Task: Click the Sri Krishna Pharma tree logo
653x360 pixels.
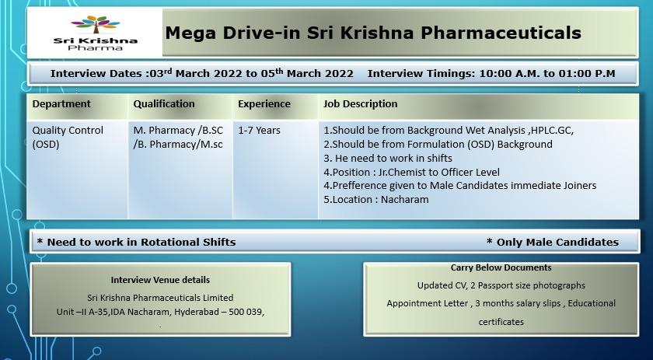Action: (x=96, y=33)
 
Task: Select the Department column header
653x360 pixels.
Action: (x=61, y=103)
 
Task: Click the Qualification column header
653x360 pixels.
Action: (x=164, y=103)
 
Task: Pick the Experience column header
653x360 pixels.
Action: (x=264, y=103)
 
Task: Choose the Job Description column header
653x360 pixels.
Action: (x=361, y=103)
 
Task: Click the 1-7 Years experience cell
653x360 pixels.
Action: (x=259, y=131)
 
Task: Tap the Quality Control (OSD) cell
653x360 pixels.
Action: (x=68, y=137)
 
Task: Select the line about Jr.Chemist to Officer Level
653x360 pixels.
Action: (x=411, y=172)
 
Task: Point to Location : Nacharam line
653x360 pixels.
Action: (x=376, y=200)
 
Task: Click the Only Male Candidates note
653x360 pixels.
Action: (x=552, y=242)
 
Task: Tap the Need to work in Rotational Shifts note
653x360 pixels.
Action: (x=136, y=242)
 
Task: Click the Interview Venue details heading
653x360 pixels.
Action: (x=160, y=280)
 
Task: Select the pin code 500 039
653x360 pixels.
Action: (x=246, y=312)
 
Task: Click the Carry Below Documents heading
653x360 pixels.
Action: (x=501, y=267)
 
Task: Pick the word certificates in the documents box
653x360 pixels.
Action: (x=501, y=322)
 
